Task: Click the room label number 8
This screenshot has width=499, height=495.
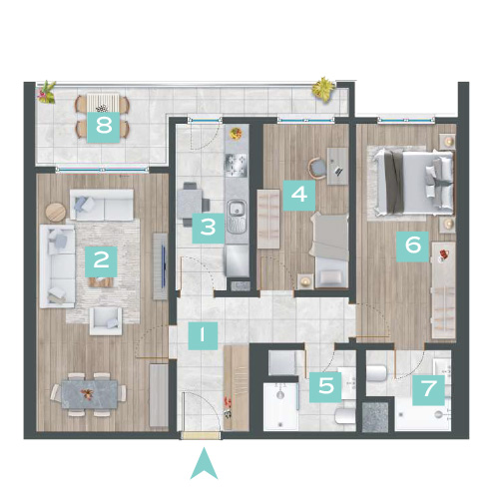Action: [x=104, y=127]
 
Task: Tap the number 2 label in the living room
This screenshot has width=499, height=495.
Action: [x=101, y=261]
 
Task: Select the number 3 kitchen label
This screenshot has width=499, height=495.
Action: [x=209, y=228]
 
